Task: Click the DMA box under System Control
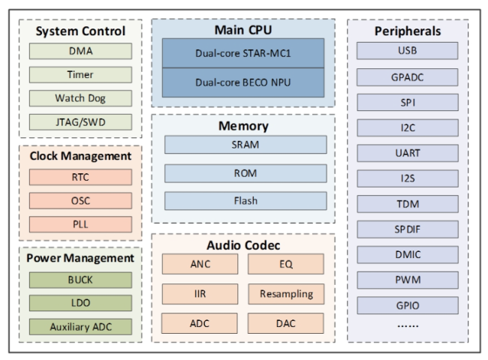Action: click(80, 51)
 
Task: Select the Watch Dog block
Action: click(80, 98)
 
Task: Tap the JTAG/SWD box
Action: click(80, 122)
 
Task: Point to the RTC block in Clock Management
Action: click(80, 177)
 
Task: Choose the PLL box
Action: click(80, 224)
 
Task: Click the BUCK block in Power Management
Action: click(80, 280)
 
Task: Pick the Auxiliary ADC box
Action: click(80, 327)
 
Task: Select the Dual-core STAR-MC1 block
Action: click(243, 53)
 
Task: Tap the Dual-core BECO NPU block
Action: click(243, 82)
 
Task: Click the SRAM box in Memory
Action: click(246, 145)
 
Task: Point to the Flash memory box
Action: click(246, 201)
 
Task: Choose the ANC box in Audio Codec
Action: click(200, 264)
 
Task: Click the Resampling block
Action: click(286, 294)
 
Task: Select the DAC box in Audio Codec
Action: click(286, 323)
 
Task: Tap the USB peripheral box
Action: click(408, 51)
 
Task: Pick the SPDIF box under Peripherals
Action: click(408, 229)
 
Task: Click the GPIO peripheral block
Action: click(408, 305)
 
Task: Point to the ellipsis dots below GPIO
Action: click(408, 325)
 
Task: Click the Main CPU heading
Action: click(243, 30)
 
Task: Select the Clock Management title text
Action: click(80, 156)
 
